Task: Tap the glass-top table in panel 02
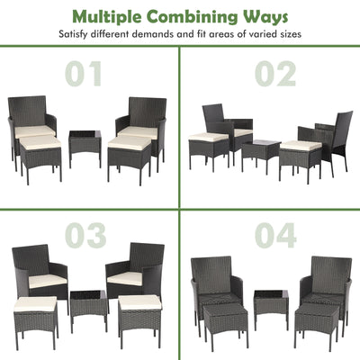tap(258, 152)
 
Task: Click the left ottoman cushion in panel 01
tap(40, 141)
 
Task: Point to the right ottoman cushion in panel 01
tap(129, 142)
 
